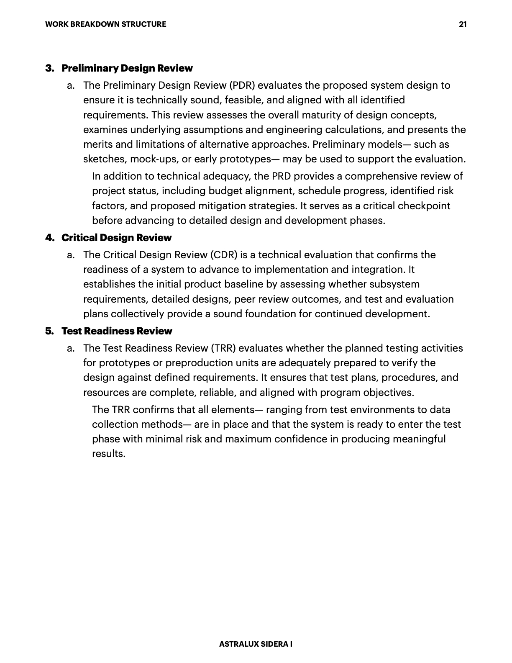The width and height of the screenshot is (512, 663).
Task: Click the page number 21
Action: (463, 24)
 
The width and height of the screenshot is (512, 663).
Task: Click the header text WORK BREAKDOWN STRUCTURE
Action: (105, 24)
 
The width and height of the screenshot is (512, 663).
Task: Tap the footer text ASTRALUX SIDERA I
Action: (256, 644)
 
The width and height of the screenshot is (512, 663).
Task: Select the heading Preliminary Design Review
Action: (127, 68)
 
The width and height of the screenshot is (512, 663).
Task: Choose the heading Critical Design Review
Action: (116, 238)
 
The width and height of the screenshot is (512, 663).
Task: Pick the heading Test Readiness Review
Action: (117, 331)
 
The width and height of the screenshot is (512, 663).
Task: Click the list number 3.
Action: (49, 68)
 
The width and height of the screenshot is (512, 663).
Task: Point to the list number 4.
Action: (49, 238)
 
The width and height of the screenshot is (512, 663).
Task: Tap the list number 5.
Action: (49, 331)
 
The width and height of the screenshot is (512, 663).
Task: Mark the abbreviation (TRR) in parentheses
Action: (223, 348)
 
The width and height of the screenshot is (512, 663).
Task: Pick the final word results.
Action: (108, 454)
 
